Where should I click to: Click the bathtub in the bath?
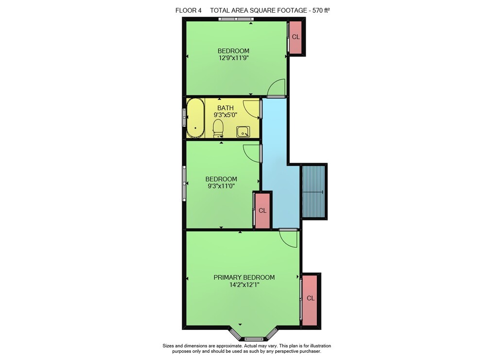tap(195, 118)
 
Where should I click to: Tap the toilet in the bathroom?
tap(218, 129)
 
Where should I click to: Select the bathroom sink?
tap(243, 132)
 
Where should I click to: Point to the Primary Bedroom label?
tap(244, 277)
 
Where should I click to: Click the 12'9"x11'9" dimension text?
tap(234, 58)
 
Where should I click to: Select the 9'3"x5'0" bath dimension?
tap(226, 115)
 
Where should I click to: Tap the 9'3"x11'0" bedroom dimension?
tap(221, 186)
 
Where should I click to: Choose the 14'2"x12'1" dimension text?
tap(244, 285)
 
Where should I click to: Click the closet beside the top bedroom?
tap(295, 37)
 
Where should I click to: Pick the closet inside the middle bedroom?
tap(262, 211)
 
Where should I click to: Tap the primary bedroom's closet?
tap(310, 300)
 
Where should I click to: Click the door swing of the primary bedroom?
tap(288, 239)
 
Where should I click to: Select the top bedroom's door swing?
tap(276, 87)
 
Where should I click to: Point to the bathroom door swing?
tap(251, 108)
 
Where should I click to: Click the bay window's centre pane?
tap(254, 339)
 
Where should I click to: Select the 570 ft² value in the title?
tap(321, 10)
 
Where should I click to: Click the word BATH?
tap(226, 108)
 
